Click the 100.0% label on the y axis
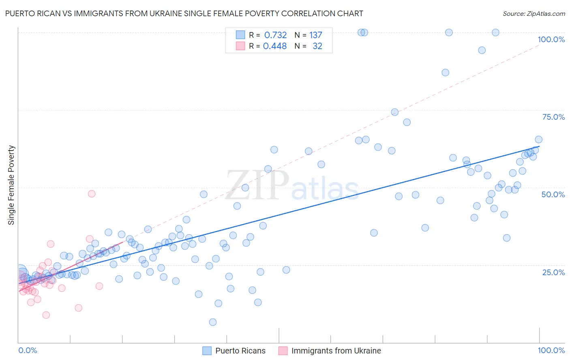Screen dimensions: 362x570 pyautogui.click(x=551, y=39)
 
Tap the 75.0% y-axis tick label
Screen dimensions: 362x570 pyautogui.click(x=553, y=117)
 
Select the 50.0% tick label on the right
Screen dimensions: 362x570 pyautogui.click(x=553, y=194)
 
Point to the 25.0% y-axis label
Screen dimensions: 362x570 pyautogui.click(x=553, y=272)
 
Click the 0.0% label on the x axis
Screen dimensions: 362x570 pyautogui.click(x=28, y=351)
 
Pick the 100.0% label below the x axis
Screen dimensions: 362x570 pyautogui.click(x=551, y=351)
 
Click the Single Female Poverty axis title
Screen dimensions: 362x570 pyautogui.click(x=11, y=185)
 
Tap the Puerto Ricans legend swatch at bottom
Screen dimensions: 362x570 pyautogui.click(x=207, y=351)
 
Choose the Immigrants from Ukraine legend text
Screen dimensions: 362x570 pyautogui.click(x=336, y=351)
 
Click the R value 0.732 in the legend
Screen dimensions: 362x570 pyautogui.click(x=275, y=35)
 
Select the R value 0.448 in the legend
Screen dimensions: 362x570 pyautogui.click(x=275, y=46)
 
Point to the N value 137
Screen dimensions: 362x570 pyautogui.click(x=315, y=35)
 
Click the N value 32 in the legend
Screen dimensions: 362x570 pyautogui.click(x=317, y=46)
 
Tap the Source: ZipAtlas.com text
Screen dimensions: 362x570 pyautogui.click(x=534, y=14)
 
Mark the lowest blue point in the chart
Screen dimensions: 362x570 pyautogui.click(x=213, y=322)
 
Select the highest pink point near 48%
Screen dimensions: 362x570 pyautogui.click(x=92, y=194)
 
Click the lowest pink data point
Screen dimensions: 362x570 pyautogui.click(x=46, y=315)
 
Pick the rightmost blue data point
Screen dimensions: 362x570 pyautogui.click(x=539, y=140)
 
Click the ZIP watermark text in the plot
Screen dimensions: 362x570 pyautogui.click(x=257, y=185)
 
